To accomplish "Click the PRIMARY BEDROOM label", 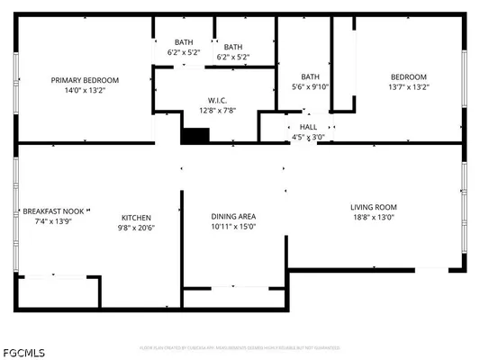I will (x=85, y=80).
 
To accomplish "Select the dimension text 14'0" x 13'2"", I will (x=85, y=90).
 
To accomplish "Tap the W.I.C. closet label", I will (x=216, y=100).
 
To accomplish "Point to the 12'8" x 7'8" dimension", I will (x=216, y=111).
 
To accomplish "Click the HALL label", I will (x=308, y=128).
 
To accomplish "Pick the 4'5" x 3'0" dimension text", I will (x=308, y=138).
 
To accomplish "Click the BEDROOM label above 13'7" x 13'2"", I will (x=408, y=76).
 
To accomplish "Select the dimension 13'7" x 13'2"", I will (x=408, y=87).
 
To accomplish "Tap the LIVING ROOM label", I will (x=374, y=207).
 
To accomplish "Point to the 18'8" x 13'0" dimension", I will (x=374, y=217).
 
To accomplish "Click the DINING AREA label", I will (x=233, y=216).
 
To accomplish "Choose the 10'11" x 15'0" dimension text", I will (x=233, y=227).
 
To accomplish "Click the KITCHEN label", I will (x=136, y=217).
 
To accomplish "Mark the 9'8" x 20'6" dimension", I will (x=136, y=228).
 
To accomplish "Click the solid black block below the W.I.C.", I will (x=195, y=135).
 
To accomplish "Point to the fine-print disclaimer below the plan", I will (x=240, y=346).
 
